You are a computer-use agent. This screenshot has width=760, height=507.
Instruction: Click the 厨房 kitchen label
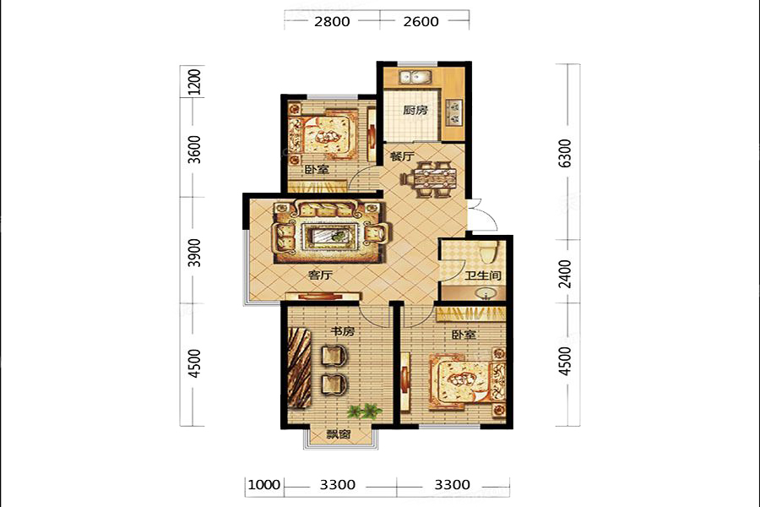pos(415,110)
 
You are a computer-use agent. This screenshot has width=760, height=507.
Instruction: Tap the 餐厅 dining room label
pos(402,156)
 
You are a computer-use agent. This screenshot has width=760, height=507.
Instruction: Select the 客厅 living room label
pos(320,275)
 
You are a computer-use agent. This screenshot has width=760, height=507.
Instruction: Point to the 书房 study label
pos(343,331)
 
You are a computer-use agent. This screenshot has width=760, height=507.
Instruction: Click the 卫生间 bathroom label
pos(483,275)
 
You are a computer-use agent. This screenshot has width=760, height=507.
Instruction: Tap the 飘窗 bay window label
pos(339,434)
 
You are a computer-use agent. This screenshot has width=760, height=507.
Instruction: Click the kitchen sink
pos(415,77)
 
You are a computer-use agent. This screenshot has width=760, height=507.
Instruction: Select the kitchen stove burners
pos(454,112)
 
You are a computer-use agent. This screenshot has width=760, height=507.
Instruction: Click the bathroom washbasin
pos(486,293)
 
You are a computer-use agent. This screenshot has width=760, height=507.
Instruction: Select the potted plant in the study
pos(363,411)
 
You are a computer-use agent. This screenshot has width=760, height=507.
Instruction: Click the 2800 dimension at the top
pos(332,21)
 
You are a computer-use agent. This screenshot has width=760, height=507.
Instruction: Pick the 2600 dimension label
pos(421,21)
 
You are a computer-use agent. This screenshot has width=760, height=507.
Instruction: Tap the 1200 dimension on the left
pos(194,82)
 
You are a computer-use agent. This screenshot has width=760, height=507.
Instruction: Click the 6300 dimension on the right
pos(565,153)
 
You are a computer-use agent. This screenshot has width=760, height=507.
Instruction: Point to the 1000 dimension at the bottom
pos(264,485)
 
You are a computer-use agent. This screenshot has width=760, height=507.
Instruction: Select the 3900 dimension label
pos(194,253)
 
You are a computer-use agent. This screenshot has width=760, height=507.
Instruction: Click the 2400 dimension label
pos(565,274)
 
